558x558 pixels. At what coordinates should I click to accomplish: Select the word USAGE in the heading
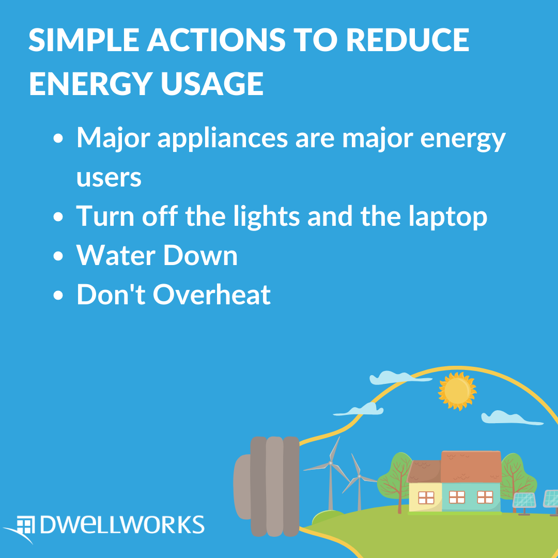click(x=212, y=84)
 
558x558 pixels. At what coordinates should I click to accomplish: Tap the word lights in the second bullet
click(x=267, y=216)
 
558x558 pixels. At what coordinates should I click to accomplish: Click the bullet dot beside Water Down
click(x=58, y=256)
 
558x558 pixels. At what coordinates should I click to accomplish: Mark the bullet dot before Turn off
click(x=58, y=217)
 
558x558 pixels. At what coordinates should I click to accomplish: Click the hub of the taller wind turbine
click(x=330, y=463)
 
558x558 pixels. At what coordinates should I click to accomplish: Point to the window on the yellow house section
click(x=426, y=498)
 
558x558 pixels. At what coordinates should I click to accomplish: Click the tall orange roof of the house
click(x=471, y=467)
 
